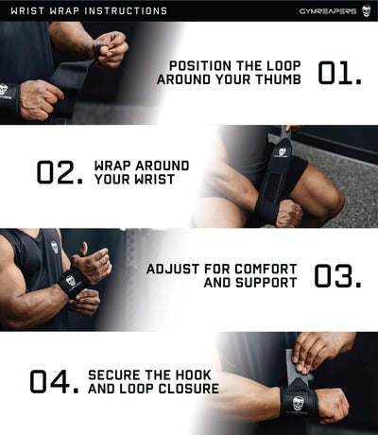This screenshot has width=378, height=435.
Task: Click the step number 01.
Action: (x=339, y=73)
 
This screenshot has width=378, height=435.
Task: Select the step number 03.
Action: (x=337, y=275)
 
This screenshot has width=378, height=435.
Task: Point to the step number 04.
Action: (x=53, y=381)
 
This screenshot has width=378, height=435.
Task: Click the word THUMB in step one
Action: (x=279, y=79)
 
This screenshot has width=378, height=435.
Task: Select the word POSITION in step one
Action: (x=205, y=65)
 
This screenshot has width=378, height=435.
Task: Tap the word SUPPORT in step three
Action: (x=266, y=283)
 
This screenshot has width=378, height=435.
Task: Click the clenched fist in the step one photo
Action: (x=36, y=99)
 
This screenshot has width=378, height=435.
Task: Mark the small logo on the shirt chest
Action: (x=55, y=248)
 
